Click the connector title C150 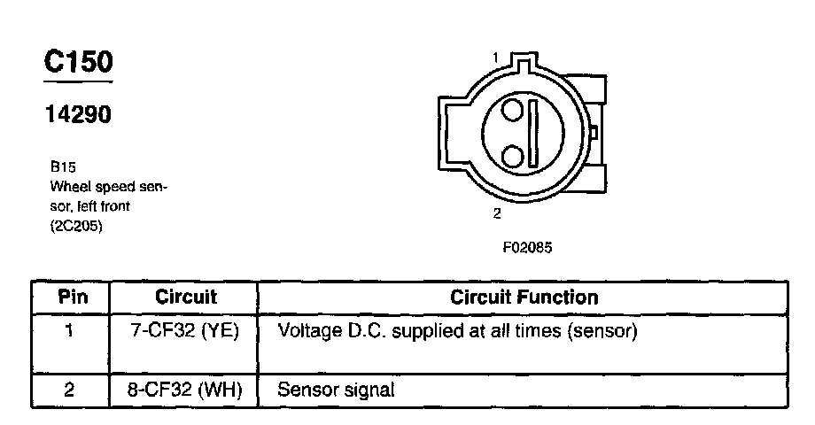79,63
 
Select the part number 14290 78,114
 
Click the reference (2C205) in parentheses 77,227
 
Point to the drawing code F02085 527,248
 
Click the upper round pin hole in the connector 513,112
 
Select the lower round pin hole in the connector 512,157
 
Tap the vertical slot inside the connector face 533,134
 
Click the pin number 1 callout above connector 495,58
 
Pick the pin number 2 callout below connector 497,213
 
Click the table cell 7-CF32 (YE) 185,332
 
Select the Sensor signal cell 336,390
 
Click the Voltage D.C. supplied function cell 458,332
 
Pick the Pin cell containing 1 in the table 70,332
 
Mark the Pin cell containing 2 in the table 70,390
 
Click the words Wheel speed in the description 92,187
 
